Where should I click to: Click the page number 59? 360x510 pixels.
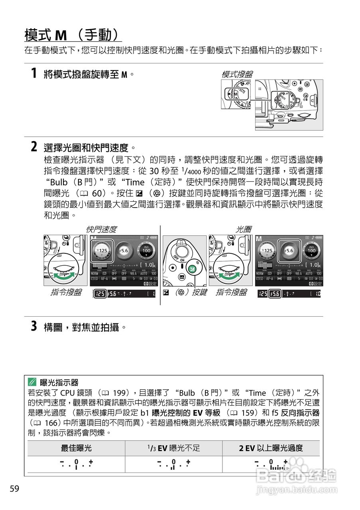[x=14, y=489]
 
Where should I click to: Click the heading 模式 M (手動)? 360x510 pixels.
[x=73, y=35]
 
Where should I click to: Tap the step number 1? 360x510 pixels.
[x=34, y=73]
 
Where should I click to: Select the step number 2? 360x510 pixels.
[x=34, y=147]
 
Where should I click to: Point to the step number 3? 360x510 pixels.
[x=34, y=327]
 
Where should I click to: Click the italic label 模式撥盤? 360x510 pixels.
[x=237, y=74]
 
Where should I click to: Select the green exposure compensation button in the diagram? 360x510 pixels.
[x=192, y=269]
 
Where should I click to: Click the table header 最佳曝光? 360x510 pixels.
[x=76, y=448]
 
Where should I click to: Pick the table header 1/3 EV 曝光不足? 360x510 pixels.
[x=173, y=448]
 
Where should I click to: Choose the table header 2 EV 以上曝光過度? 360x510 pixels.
[x=271, y=448]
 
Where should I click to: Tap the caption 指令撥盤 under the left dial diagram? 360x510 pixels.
[x=66, y=293]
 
